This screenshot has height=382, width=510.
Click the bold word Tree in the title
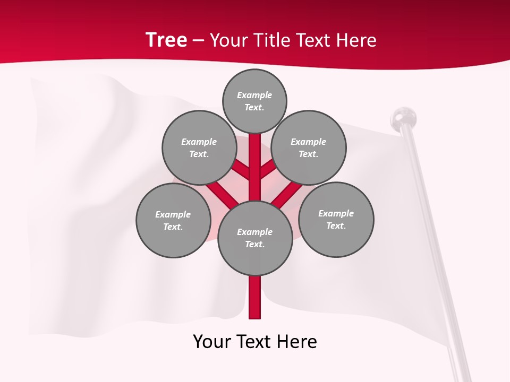coord(166,40)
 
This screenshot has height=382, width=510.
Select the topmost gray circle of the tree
coord(254,101)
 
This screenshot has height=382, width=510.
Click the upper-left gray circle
coord(199,147)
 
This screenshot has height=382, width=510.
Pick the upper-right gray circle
coord(309,147)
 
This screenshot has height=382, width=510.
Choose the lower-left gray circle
coord(173,220)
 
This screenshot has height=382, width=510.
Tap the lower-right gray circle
coord(336,219)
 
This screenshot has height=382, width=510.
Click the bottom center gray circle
coord(254,238)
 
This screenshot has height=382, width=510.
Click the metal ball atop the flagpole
coord(403,117)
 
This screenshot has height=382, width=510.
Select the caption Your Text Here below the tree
coord(254,342)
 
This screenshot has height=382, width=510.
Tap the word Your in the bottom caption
coord(212,342)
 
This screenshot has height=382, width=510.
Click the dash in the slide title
coord(198,40)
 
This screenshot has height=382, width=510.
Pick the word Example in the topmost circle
coord(254,95)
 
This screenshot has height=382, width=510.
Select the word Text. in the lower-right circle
coord(336,225)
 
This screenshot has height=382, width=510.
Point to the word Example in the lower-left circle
coord(173,214)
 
